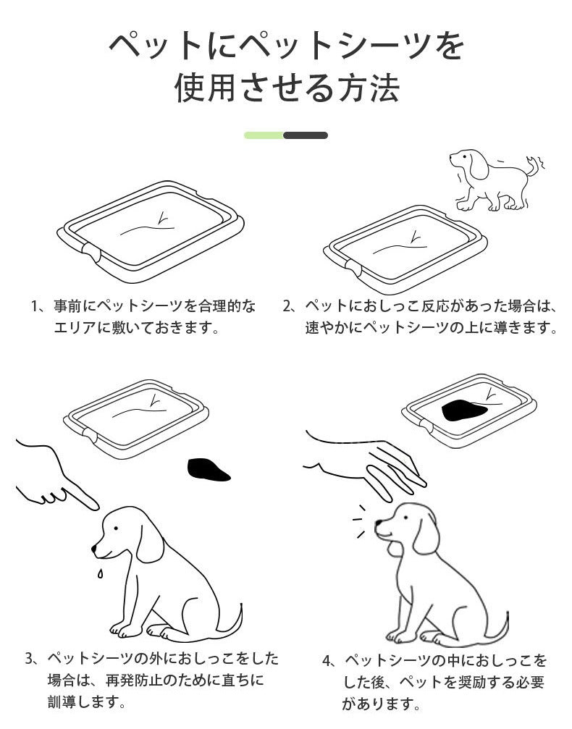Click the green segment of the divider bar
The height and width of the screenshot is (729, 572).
point(264,135)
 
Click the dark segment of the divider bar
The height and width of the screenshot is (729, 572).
point(306,135)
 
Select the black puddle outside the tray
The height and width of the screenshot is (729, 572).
point(208,470)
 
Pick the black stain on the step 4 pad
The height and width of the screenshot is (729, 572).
point(463,410)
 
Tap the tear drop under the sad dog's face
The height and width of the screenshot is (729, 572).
point(100,573)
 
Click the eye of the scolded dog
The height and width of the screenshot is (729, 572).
point(115,528)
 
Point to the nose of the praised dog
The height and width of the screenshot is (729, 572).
point(378,523)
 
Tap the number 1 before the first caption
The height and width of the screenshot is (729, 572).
point(34,306)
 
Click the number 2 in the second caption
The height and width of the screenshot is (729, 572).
point(287,306)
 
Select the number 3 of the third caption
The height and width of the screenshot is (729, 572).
point(29,659)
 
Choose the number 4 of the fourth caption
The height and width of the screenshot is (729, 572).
point(327,661)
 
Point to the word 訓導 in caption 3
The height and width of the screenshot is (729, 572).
point(62,701)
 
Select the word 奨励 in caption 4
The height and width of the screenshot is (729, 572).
point(471,682)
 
